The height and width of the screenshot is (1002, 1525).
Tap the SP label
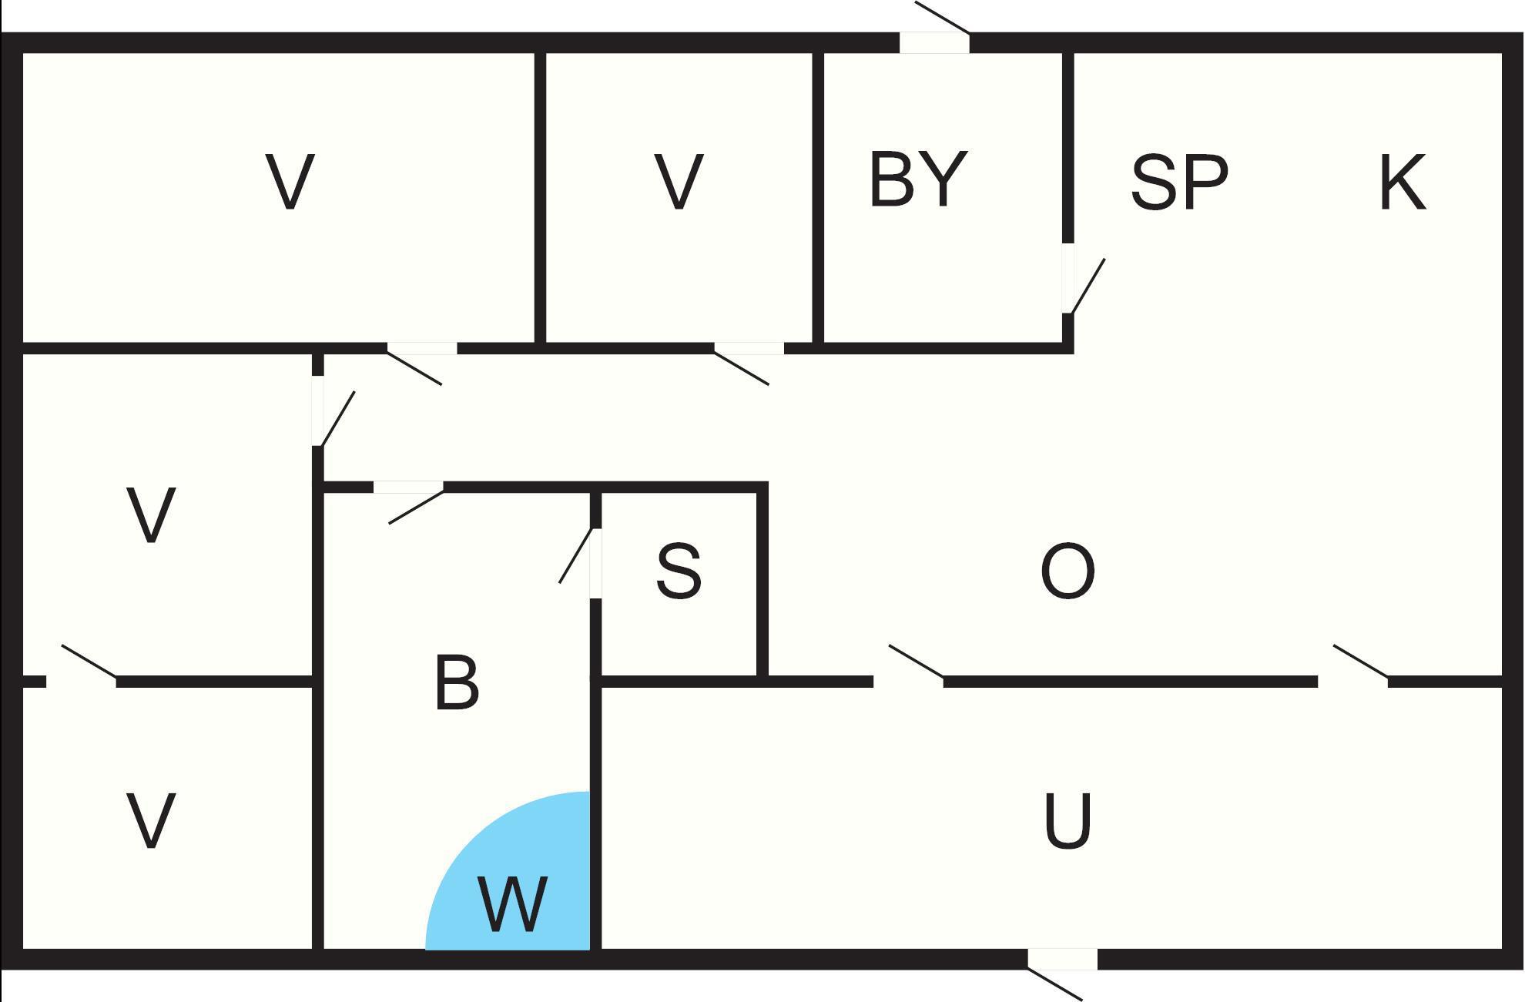[1178, 183]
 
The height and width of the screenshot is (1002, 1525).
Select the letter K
[1402, 183]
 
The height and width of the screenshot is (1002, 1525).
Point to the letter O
[1067, 571]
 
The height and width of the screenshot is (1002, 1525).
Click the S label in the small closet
[679, 571]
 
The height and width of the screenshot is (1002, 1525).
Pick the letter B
[456, 682]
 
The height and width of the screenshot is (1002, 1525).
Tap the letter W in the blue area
[512, 903]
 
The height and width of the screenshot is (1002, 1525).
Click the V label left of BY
[678, 182]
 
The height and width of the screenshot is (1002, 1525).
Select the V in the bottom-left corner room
[151, 821]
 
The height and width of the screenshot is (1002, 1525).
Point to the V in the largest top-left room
[290, 182]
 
